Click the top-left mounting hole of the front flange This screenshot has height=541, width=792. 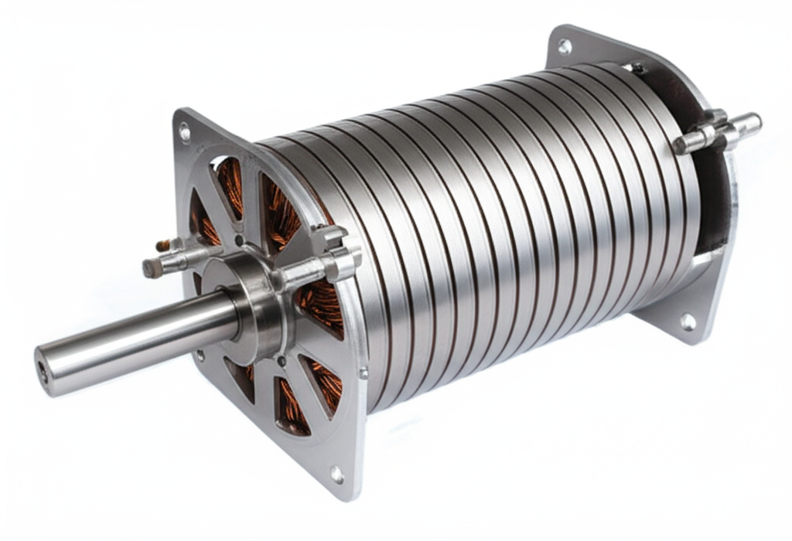click(185, 132)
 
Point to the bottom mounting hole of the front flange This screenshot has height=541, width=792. click(336, 474)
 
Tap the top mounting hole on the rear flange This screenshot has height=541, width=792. click(565, 46)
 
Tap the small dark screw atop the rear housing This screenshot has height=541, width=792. click(636, 68)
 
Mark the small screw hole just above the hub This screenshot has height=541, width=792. click(239, 240)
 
